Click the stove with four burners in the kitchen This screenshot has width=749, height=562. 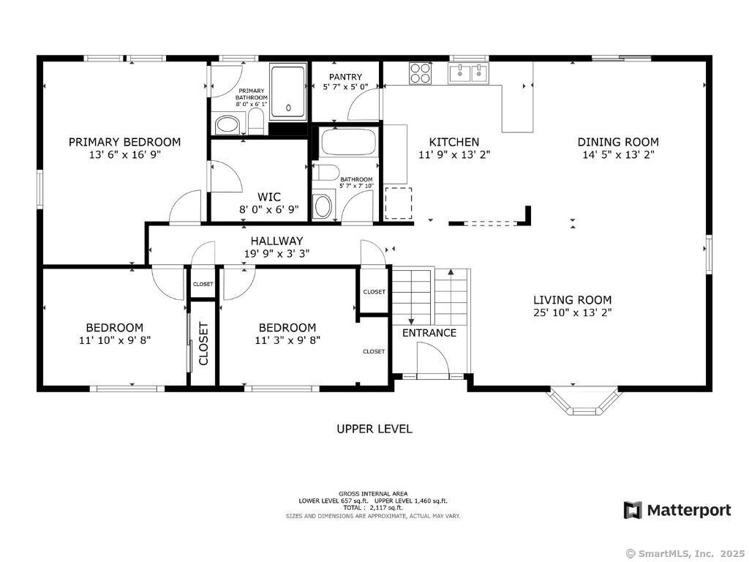coord(420,73)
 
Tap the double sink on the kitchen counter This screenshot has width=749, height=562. coord(467,73)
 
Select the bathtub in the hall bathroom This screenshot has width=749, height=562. coord(348,140)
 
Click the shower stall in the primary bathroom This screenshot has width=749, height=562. coord(288,92)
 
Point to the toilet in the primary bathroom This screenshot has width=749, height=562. coord(256,121)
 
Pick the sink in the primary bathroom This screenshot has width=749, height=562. coord(227,124)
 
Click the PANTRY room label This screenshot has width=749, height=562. coord(345,76)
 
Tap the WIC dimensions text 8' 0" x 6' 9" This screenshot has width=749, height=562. coord(269,209)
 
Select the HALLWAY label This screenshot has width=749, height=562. coord(276,241)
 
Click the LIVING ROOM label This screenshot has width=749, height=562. coord(572,300)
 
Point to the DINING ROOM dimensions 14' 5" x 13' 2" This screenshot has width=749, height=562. coord(618,154)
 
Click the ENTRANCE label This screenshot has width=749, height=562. coord(429,333)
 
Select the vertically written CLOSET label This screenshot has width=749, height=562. coord(203,344)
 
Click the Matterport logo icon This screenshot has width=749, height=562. coord(633,510)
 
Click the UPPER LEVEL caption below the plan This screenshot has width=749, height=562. coord(374,429)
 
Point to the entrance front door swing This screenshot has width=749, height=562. coord(433,359)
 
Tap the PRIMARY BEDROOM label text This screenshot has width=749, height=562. coord(124,142)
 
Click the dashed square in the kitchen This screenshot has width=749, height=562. coord(399,203)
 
